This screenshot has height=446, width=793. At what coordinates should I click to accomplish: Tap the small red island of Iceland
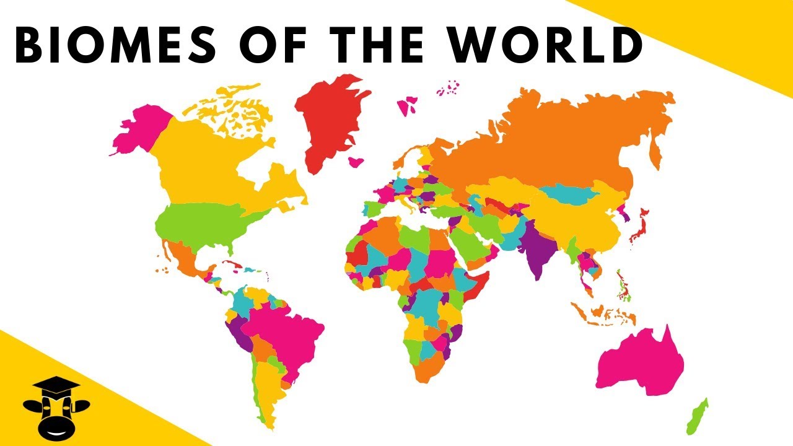click(356, 162)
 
